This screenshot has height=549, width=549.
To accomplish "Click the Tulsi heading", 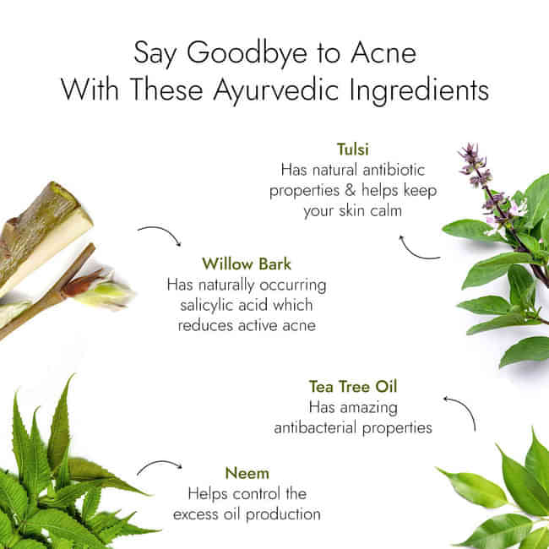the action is tap(352, 149).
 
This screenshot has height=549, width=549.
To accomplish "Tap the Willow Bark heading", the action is tap(247, 264).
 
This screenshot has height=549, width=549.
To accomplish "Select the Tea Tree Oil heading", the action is tap(353, 387).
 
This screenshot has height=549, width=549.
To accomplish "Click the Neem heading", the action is tap(247, 473).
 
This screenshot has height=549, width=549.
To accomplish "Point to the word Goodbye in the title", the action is tap(247, 54).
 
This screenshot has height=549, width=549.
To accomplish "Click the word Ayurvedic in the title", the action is tap(275, 90).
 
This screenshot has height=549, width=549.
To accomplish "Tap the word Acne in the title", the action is tap(383, 52).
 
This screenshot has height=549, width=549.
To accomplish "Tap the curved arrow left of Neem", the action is tap(160, 464).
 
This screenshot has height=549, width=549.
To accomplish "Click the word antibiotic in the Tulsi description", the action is tap(394, 170).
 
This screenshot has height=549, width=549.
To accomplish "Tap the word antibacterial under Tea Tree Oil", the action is tap(316, 427).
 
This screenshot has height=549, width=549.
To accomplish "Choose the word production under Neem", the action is tap(283, 515).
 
